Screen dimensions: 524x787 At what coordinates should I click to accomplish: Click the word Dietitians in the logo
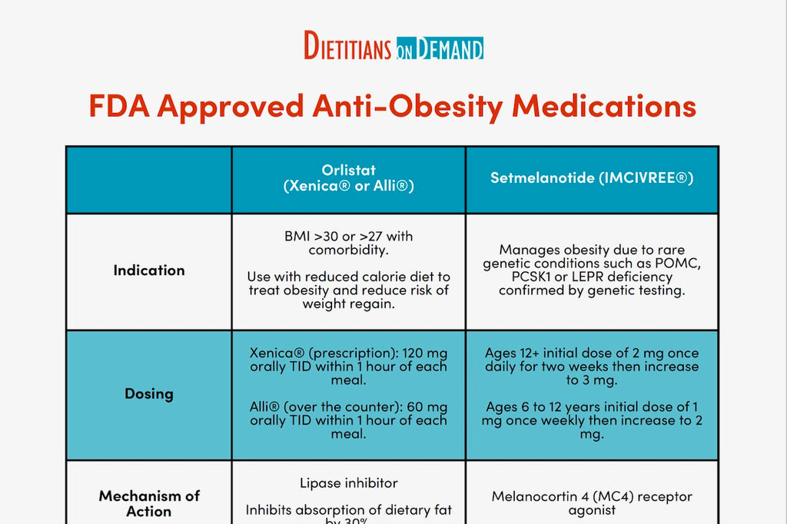[348, 47]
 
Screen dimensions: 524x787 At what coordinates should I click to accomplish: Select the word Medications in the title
[604, 106]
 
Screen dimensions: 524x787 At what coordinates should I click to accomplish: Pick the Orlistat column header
[348, 178]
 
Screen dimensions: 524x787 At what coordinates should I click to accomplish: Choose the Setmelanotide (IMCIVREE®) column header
[592, 178]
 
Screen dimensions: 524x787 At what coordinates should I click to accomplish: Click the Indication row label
[149, 270]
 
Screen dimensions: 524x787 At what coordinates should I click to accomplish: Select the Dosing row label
[149, 393]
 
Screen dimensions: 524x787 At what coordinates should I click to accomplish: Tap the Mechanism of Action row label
[149, 503]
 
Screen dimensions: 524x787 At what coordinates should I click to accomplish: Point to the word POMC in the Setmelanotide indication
[682, 264]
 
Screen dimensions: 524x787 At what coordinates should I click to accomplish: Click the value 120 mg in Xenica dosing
[427, 353]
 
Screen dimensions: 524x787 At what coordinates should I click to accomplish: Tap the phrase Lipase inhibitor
[348, 483]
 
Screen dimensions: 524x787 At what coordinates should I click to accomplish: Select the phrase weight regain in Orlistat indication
[348, 304]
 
